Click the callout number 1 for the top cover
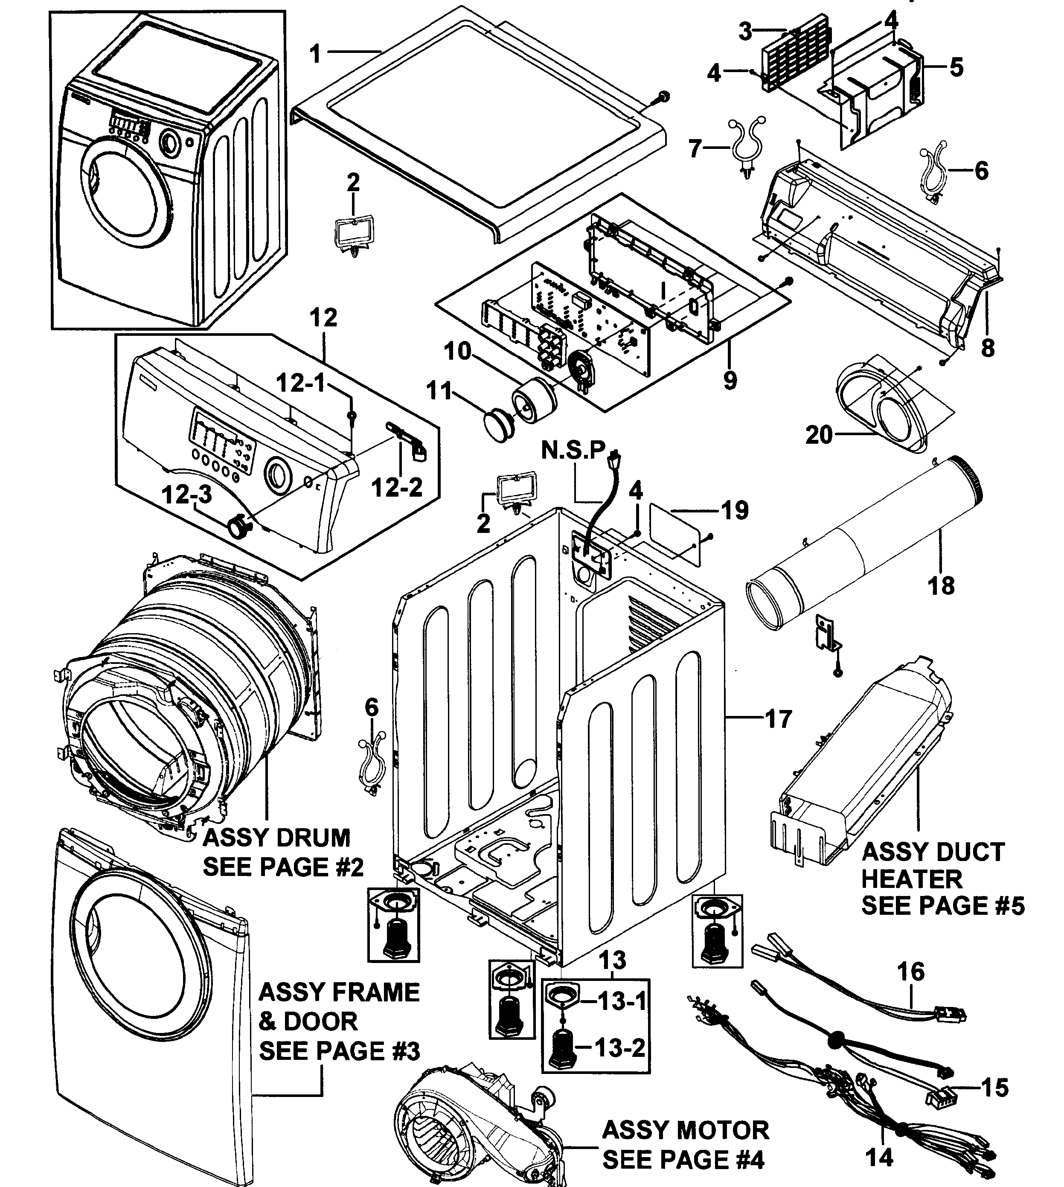pyautogui.click(x=316, y=54)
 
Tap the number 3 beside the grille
pyautogui.click(x=745, y=32)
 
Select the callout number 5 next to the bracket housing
pyautogui.click(x=956, y=67)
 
